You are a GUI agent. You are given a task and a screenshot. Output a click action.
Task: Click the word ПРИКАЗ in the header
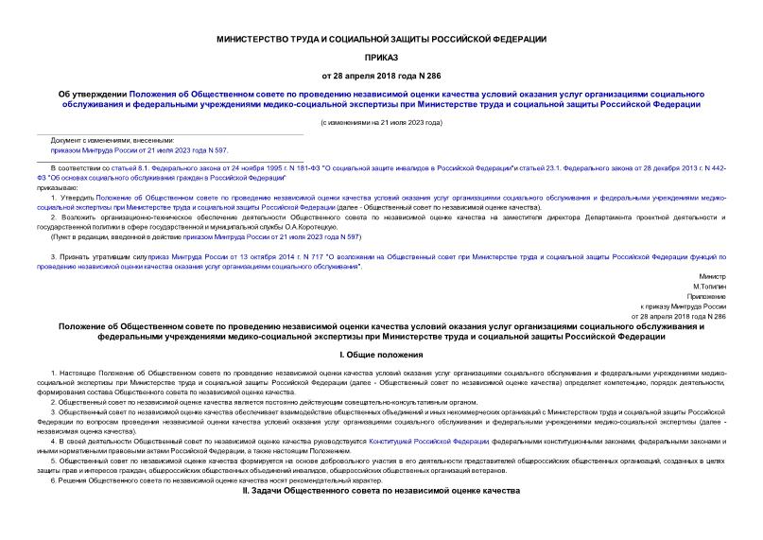coord(381,56)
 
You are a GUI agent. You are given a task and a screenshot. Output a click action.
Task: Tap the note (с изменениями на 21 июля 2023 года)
coord(381,123)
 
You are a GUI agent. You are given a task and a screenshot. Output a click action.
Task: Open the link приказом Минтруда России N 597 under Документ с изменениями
coord(139,149)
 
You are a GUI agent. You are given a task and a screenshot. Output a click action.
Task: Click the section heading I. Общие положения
coord(381,355)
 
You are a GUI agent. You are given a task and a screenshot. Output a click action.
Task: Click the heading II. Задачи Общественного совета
coord(381,493)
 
